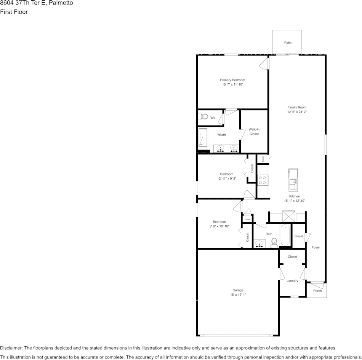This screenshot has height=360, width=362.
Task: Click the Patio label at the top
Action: pos(288,43)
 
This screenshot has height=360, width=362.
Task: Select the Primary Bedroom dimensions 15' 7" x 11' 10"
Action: pos(232,84)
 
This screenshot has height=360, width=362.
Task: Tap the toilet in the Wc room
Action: pos(203,117)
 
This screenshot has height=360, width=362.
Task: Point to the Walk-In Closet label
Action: pos(254,132)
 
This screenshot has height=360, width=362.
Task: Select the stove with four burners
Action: pos(262,180)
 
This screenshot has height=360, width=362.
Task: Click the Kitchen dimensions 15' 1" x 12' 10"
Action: pos(295,201)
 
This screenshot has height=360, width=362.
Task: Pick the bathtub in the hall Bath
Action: pos(285,236)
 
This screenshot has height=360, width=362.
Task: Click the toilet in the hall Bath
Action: pos(274,242)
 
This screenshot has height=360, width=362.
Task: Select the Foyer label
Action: pos(316,247)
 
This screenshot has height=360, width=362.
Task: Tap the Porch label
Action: pos(317,291)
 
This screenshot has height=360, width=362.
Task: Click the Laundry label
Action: pos(292,280)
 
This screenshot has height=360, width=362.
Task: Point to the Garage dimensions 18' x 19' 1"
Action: pos(238,295)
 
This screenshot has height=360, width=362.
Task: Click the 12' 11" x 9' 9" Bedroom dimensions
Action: pos(227,178)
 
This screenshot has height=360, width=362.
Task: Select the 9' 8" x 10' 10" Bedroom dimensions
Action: pos(219,226)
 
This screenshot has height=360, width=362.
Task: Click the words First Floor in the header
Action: pos(14,12)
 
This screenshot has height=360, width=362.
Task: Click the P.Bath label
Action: pos(221,135)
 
